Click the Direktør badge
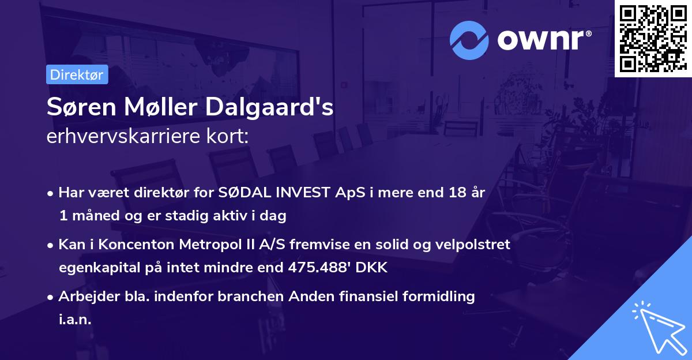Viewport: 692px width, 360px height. click(x=77, y=74)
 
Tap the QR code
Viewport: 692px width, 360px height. click(x=653, y=38)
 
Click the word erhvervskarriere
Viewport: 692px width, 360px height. click(x=121, y=137)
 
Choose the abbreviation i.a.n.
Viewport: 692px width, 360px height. click(x=75, y=319)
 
